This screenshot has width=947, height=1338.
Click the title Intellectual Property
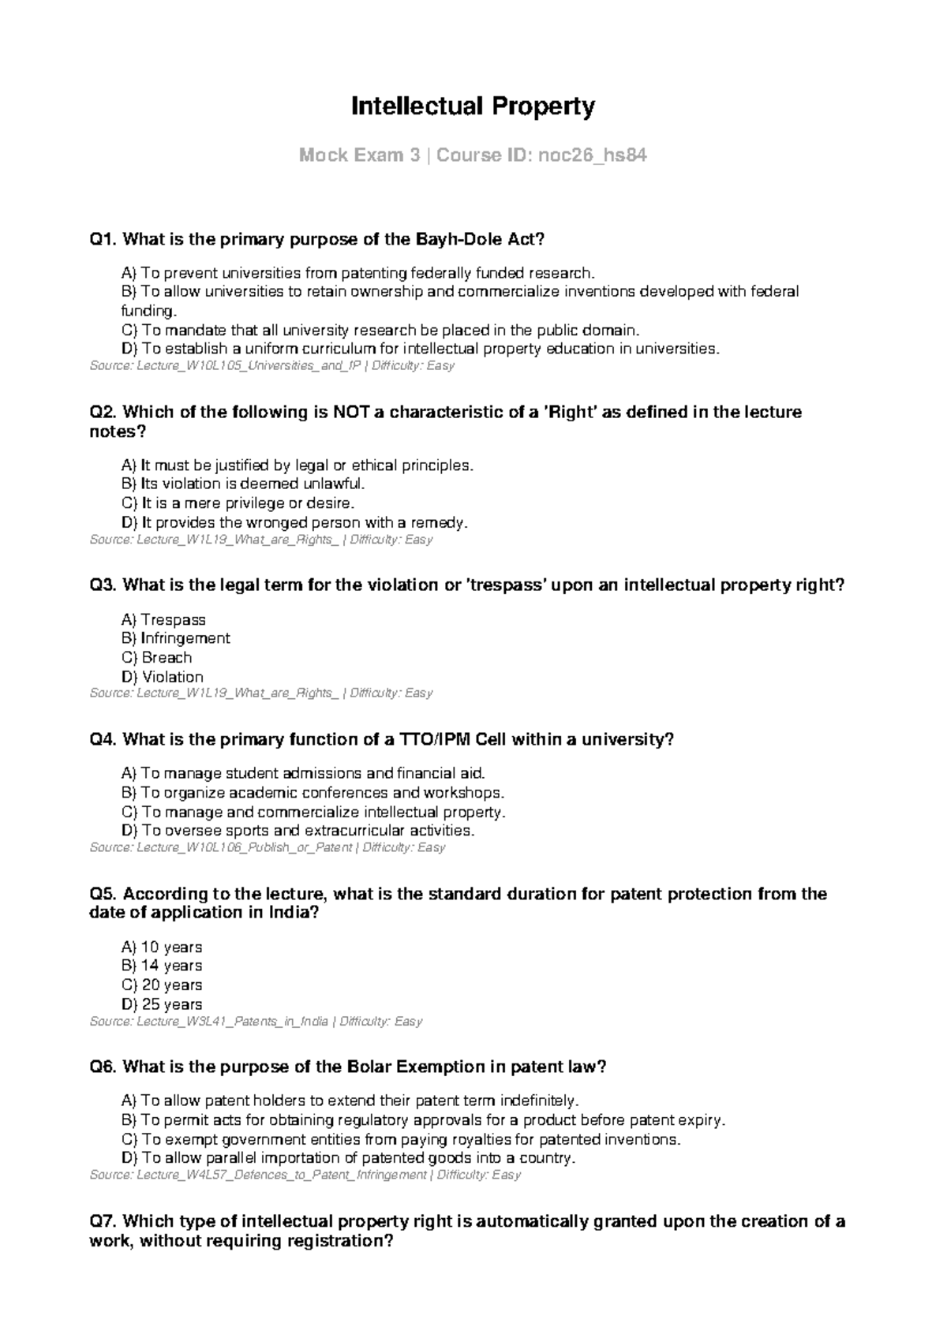[473, 106]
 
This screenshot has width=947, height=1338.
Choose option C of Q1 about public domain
[379, 330]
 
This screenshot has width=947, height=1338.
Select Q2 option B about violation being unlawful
[244, 484]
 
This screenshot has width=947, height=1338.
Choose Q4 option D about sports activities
[298, 831]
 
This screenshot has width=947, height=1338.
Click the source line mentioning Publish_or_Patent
[268, 847]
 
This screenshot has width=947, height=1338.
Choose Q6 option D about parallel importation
[348, 1158]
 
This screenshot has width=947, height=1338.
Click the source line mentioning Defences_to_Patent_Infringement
[305, 1175]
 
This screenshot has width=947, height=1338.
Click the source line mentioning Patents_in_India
[256, 1021]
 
